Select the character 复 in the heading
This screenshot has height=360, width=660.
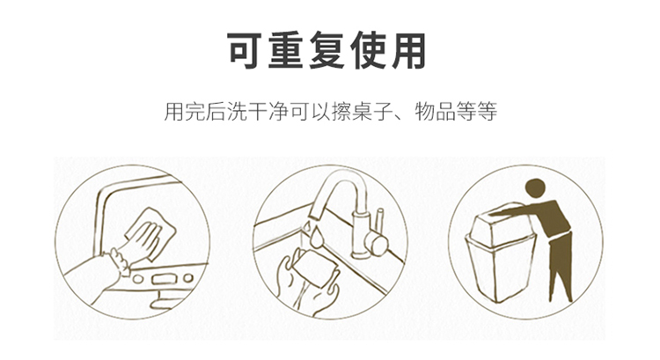click(x=330, y=52)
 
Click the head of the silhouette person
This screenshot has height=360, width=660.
click(x=534, y=187)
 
